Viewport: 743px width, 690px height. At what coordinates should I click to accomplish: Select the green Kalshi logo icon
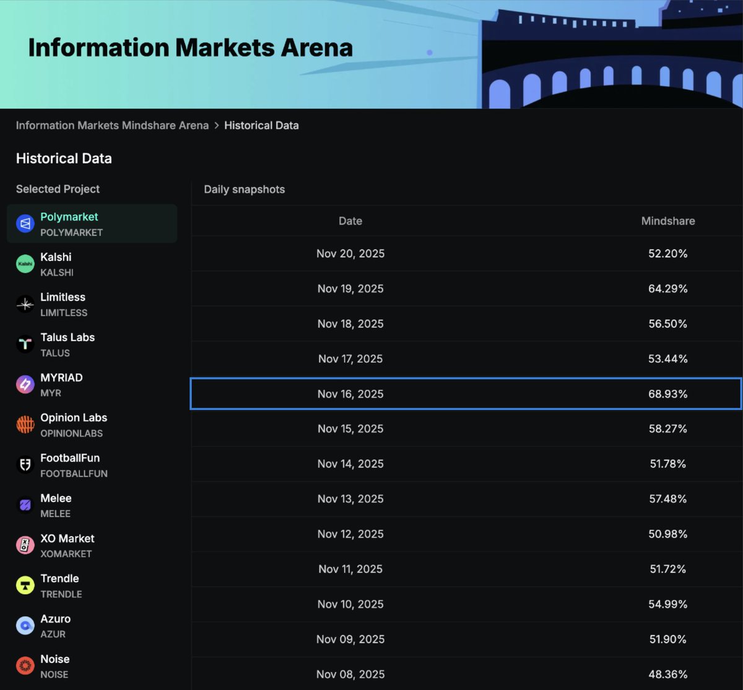(x=25, y=264)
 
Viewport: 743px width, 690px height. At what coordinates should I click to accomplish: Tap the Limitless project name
(x=63, y=297)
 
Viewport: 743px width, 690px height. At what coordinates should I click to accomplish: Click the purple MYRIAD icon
(x=25, y=385)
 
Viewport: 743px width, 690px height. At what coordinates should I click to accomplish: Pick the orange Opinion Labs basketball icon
(x=25, y=425)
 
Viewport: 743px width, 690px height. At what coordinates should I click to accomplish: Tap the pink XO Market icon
(x=25, y=545)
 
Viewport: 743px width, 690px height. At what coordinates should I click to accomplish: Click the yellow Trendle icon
(x=25, y=585)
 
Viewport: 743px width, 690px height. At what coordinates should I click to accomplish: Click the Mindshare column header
(x=667, y=221)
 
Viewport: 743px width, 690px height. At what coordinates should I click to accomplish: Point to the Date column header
(x=350, y=221)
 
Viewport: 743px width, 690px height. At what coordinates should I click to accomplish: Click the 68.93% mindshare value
(x=667, y=394)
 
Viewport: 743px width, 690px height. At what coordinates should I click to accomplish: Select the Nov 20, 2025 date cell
(x=350, y=253)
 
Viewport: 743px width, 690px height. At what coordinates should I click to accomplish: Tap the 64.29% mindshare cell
(x=667, y=289)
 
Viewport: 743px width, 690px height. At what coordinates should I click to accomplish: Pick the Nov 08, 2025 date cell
(x=350, y=674)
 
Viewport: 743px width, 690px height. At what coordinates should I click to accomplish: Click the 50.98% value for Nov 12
(x=667, y=534)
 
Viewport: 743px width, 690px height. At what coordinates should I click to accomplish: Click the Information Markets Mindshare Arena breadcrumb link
(x=112, y=125)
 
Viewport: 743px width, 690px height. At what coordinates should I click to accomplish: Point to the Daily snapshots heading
(x=244, y=190)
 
